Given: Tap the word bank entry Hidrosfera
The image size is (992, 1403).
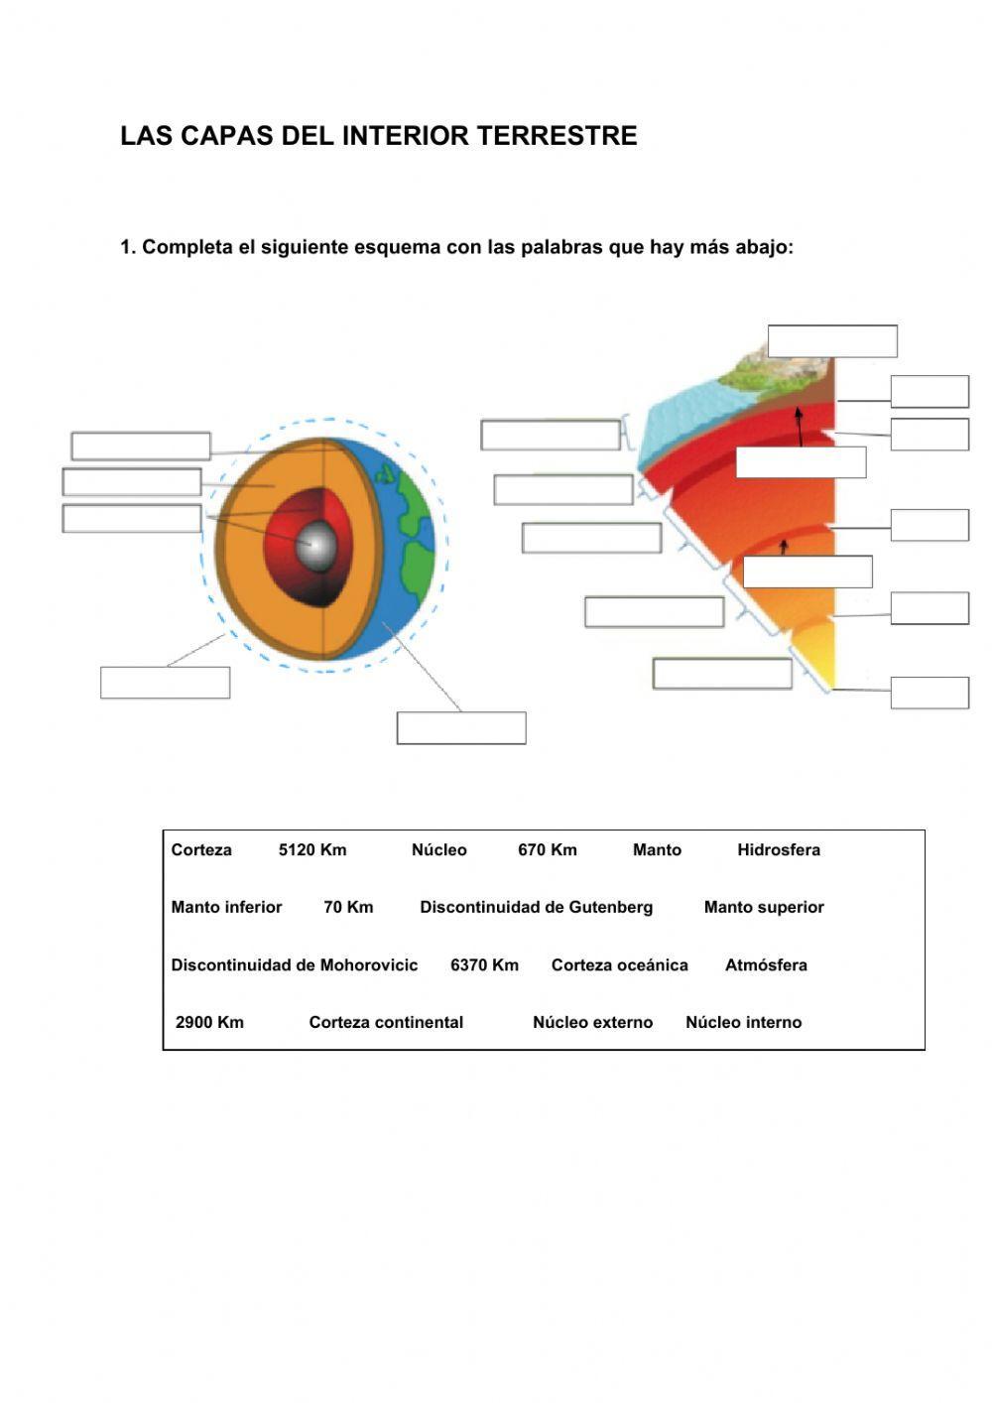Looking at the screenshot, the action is pyautogui.click(x=779, y=849).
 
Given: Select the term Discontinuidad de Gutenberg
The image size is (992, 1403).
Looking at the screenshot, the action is pyautogui.click(x=536, y=907).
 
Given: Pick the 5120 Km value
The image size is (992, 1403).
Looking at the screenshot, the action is pyautogui.click(x=312, y=849).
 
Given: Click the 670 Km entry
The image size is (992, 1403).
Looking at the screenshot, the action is pyautogui.click(x=547, y=849).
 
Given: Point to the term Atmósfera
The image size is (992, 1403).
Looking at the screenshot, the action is pyautogui.click(x=766, y=964).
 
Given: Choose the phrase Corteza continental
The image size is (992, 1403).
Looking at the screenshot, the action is pyautogui.click(x=386, y=1022).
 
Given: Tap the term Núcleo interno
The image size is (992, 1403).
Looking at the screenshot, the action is pyautogui.click(x=743, y=1022).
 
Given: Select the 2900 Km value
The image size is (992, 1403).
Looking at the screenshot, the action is pyautogui.click(x=209, y=1022).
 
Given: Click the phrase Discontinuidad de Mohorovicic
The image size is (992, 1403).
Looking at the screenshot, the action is pyautogui.click(x=294, y=964).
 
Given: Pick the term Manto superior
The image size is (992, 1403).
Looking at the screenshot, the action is pyautogui.click(x=764, y=907).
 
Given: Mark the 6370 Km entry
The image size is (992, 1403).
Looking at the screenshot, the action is pyautogui.click(x=484, y=964).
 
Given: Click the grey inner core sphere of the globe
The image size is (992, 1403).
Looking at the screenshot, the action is pyautogui.click(x=318, y=545).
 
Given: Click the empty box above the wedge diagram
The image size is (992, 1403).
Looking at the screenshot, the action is pyautogui.click(x=832, y=340).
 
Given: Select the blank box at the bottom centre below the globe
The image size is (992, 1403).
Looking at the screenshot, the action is pyautogui.click(x=461, y=727).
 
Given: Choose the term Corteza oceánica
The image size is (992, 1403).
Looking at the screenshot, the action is pyautogui.click(x=619, y=964).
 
